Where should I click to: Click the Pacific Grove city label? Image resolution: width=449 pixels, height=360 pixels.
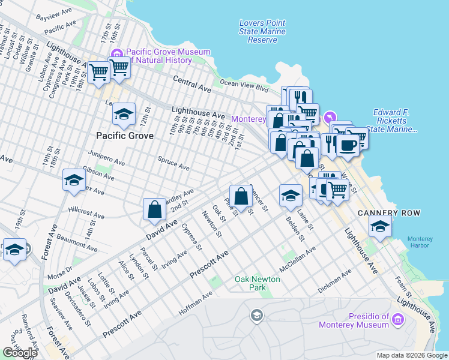(123, 136)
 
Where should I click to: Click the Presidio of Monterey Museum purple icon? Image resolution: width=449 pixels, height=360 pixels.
(397, 320)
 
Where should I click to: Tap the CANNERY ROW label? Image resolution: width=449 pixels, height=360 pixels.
(388, 213)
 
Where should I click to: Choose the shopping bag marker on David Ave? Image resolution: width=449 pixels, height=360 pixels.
(154, 209)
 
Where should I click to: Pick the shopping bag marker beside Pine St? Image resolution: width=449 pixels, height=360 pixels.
(241, 196)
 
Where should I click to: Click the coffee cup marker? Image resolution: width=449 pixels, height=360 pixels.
(348, 145)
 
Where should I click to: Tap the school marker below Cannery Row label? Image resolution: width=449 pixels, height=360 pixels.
(380, 226)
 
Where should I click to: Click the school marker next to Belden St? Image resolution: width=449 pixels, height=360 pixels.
(290, 194)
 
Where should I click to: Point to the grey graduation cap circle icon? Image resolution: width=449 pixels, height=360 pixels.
(257, 316)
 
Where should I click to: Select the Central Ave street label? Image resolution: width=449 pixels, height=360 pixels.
(192, 84)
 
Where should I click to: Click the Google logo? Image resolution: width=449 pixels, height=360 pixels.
(20, 353)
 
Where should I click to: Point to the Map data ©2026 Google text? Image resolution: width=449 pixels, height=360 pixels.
(411, 355)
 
